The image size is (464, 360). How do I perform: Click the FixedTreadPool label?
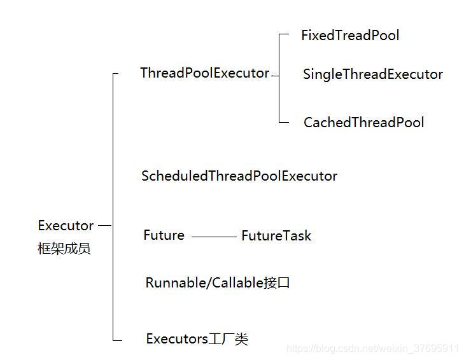click(x=350, y=36)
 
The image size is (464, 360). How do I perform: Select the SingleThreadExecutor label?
click(x=372, y=74)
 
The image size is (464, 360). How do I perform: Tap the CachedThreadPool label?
click(x=363, y=123)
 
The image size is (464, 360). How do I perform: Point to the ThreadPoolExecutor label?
click(x=204, y=73)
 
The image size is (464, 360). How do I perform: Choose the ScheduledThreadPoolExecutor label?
click(x=239, y=176)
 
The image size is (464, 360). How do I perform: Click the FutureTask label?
click(x=276, y=236)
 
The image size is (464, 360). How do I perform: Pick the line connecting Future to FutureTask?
click(x=213, y=237)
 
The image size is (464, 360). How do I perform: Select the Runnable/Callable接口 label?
click(x=218, y=283)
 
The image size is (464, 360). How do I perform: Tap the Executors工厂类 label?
click(x=197, y=339)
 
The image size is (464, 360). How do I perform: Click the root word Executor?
click(x=66, y=226)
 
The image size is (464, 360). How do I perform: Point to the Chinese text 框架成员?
click(x=64, y=249)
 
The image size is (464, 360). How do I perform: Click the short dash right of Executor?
click(x=105, y=225)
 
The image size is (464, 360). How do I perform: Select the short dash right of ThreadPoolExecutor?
click(x=275, y=74)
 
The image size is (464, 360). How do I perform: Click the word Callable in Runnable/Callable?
click(x=237, y=283)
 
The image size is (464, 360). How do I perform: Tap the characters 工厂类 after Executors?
click(x=228, y=339)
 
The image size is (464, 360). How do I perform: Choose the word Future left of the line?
click(x=164, y=235)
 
